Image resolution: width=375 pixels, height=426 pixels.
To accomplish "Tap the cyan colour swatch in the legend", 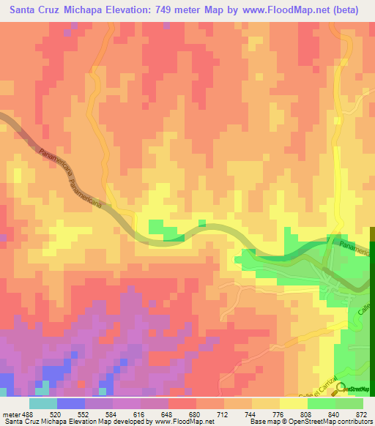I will (42, 403).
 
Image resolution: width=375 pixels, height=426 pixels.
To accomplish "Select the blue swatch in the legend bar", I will (70, 403).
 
